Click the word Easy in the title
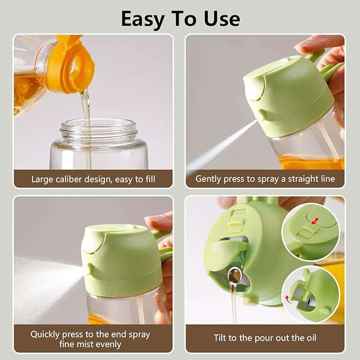[143, 19]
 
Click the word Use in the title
[220, 19]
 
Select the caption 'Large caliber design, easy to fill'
[93, 179]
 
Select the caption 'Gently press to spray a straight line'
[265, 179]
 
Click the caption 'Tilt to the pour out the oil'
[265, 338]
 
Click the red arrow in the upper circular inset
[315, 221]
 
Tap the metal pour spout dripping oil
[236, 278]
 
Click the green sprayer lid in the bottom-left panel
[121, 257]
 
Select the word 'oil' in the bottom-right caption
[310, 338]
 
